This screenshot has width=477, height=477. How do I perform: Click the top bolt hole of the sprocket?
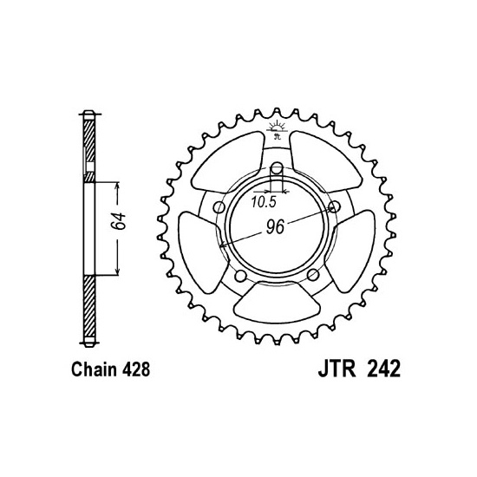pyautogui.click(x=277, y=167)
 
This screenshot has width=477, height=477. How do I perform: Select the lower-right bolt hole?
pyautogui.click(x=311, y=276)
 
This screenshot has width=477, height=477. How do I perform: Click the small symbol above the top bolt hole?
pyautogui.click(x=277, y=129)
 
